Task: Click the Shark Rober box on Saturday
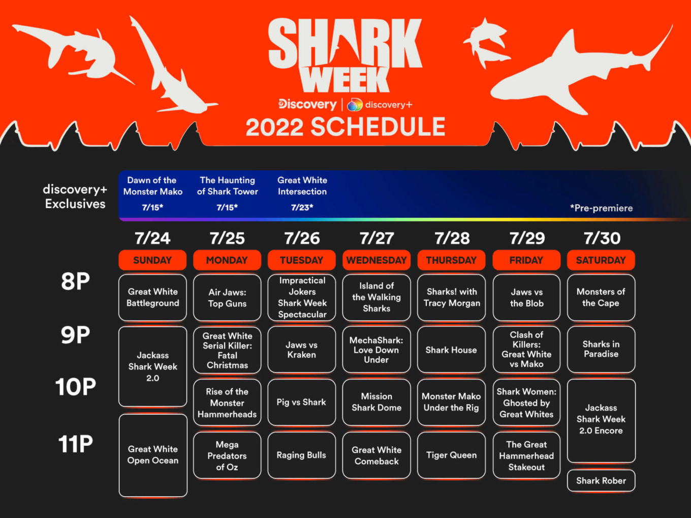pos(601,480)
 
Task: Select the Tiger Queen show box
pos(451,455)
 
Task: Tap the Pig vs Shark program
pos(301,402)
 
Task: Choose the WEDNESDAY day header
pos(376,260)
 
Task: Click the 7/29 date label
pos(527,238)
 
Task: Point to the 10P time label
pos(76,387)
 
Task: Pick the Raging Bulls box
pos(301,455)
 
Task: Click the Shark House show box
pos(451,350)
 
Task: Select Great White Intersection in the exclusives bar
pos(302,186)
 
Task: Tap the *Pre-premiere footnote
pos(601,208)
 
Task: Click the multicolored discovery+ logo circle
pos(355,105)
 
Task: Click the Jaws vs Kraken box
pos(301,350)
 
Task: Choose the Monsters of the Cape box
pos(601,297)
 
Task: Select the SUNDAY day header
pos(152,260)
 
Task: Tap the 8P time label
pos(76,281)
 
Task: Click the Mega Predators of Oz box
pos(227,455)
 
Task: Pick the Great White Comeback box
pos(376,455)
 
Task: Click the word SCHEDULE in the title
pos(378,127)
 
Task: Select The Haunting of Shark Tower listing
pos(227,186)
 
